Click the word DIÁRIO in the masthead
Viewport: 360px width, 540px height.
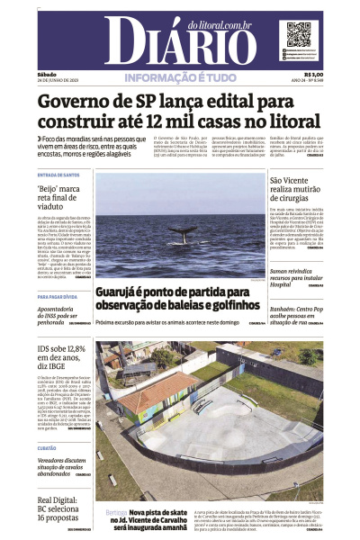180,40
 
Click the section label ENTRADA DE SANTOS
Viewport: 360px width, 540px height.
58,175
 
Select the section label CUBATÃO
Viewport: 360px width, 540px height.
47,447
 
